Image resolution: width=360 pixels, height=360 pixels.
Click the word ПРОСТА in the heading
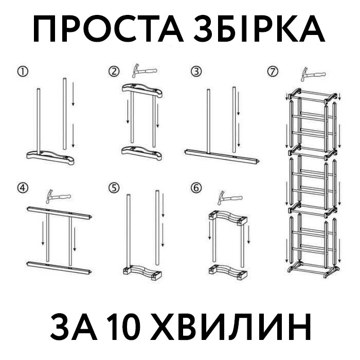pyautogui.click(x=108, y=29)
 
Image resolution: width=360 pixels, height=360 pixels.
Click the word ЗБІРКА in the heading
pyautogui.click(x=258, y=29)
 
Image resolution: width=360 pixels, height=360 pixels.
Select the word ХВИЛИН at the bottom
pyautogui.click(x=231, y=326)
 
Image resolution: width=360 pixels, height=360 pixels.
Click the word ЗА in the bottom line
pyautogui.click(x=74, y=326)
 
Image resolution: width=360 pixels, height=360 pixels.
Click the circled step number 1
pyautogui.click(x=23, y=71)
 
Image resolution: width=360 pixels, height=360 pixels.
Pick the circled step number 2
pyautogui.click(x=114, y=71)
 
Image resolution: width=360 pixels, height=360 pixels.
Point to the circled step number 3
pyautogui.click(x=196, y=71)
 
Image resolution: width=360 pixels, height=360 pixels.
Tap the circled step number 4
pyautogui.click(x=23, y=188)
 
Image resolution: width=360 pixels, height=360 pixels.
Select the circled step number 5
pyautogui.click(x=114, y=188)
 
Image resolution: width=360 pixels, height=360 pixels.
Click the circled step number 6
pyautogui.click(x=196, y=188)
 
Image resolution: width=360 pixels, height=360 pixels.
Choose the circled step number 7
pyautogui.click(x=273, y=71)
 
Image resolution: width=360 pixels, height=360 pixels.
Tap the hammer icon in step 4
pyautogui.click(x=58, y=196)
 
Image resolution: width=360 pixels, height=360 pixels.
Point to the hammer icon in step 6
pyautogui.click(x=230, y=197)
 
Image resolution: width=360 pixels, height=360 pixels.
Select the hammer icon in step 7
pyautogui.click(x=313, y=74)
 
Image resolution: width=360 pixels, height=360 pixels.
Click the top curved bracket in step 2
pyautogui.click(x=142, y=91)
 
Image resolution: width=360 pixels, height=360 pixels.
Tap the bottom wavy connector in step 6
pyautogui.click(x=228, y=272)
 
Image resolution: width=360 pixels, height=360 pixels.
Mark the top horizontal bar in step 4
pyautogui.click(x=60, y=213)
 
